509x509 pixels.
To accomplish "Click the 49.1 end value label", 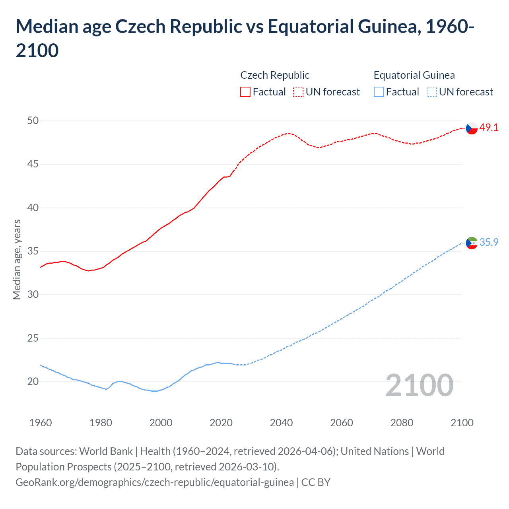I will tap(489, 127).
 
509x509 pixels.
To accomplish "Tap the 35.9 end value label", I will tap(489, 242).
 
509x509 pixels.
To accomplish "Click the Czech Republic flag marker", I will tap(472, 128).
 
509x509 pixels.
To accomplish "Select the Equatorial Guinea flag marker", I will tap(472, 243).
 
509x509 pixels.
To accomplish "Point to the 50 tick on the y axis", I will tap(33, 120).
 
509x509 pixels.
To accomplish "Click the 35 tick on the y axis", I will tap(33, 251).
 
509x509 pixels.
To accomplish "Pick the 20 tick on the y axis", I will tap(33, 382).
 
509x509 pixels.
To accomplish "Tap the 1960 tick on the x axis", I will tap(41, 423).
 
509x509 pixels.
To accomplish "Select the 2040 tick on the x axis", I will tap(281, 423).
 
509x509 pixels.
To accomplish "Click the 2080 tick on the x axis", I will tap(402, 423).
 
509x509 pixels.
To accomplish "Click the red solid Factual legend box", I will tap(245, 92).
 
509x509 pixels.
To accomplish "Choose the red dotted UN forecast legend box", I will tap(298, 92).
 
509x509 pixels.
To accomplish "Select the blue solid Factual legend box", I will tap(379, 92).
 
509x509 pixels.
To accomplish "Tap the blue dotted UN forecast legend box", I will tap(431, 92).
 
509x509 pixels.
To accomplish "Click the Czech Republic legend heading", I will tap(275, 75).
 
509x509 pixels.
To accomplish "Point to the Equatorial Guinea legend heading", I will tap(414, 75).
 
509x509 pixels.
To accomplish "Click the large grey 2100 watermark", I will tap(419, 385).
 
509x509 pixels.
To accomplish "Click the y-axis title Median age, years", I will tap(17, 259).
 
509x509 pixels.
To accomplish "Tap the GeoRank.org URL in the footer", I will tap(155, 482).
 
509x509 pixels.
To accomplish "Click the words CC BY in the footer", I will tap(316, 482).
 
